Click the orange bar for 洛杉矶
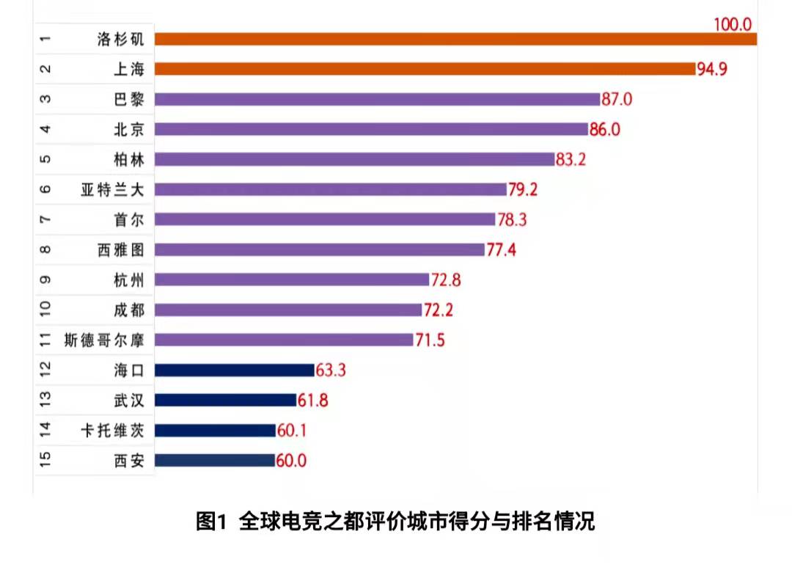(x=455, y=39)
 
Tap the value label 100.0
(x=733, y=24)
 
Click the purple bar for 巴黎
(x=378, y=99)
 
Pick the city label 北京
(x=129, y=129)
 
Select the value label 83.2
(x=571, y=160)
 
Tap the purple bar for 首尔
(x=325, y=219)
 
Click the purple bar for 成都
(x=288, y=310)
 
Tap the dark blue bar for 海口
(x=234, y=370)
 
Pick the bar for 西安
(x=214, y=461)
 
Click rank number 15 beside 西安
(x=45, y=460)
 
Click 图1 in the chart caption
(x=213, y=522)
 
